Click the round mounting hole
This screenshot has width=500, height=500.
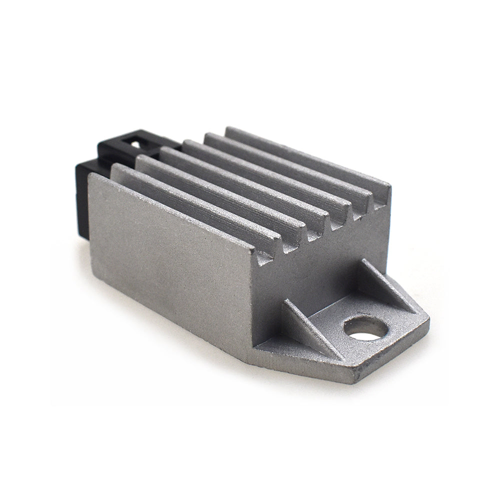[367, 328]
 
